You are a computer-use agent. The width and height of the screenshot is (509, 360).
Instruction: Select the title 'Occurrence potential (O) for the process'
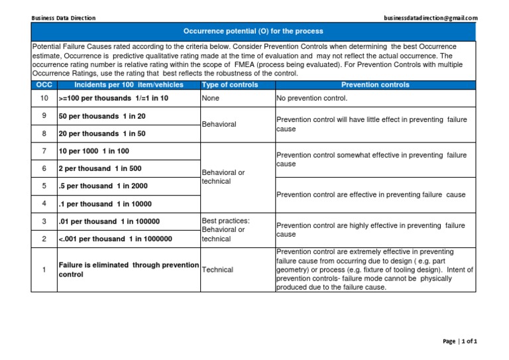pyautogui.click(x=253, y=31)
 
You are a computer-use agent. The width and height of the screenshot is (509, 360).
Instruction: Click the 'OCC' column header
pyautogui.click(x=44, y=86)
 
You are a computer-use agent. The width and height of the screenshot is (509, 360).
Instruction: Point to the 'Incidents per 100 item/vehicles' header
pyautogui.click(x=128, y=86)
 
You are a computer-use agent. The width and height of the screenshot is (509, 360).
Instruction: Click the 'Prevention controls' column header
pyautogui.click(x=375, y=86)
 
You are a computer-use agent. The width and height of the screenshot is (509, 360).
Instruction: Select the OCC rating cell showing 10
pyautogui.click(x=44, y=98)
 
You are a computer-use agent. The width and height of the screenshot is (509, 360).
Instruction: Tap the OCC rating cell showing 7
pyautogui.click(x=44, y=151)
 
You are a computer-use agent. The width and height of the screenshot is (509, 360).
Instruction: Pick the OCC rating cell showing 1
pyautogui.click(x=44, y=270)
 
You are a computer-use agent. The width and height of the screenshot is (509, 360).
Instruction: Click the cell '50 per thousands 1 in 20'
pyautogui.click(x=102, y=116)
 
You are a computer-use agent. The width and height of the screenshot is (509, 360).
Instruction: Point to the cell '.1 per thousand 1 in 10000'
pyautogui.click(x=105, y=204)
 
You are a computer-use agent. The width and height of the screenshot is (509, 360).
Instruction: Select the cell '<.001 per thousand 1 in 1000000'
pyautogui.click(x=115, y=239)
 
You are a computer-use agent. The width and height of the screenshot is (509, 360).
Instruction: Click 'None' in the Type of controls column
pyautogui.click(x=210, y=98)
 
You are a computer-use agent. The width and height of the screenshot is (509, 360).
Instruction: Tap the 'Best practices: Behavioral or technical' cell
pyautogui.click(x=225, y=229)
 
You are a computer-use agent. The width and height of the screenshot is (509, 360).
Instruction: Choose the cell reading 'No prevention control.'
pyautogui.click(x=312, y=98)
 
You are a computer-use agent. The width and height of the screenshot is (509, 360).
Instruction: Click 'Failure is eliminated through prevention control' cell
pyautogui.click(x=129, y=270)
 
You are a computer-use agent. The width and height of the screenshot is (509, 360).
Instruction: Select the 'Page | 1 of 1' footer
pyautogui.click(x=459, y=341)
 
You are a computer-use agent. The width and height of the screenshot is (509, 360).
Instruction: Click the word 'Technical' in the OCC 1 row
pyautogui.click(x=217, y=270)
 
